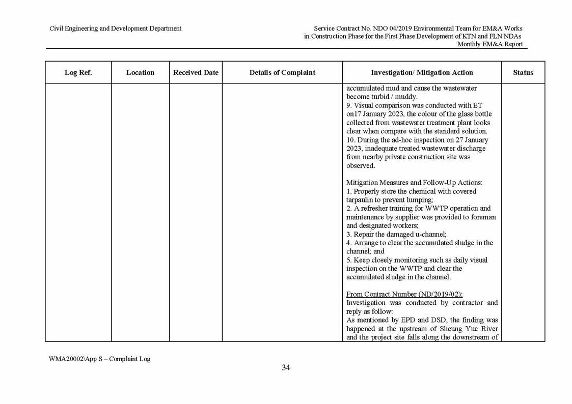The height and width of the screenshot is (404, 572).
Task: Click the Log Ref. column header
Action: (78, 72)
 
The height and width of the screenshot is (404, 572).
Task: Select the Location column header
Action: (140, 72)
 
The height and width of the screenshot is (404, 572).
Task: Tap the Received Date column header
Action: (196, 72)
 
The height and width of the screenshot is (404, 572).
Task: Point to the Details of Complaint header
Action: (282, 72)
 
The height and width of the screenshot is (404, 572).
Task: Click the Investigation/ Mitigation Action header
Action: (422, 72)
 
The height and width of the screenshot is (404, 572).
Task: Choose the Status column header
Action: (523, 72)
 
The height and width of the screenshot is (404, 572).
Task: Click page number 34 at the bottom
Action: (286, 368)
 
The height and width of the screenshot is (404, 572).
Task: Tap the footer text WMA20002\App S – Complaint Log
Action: (99, 359)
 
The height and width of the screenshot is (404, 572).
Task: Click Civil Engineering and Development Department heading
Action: (115, 28)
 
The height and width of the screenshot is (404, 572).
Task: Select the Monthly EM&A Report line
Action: (490, 44)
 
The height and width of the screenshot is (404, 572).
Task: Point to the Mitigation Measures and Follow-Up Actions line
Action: (414, 183)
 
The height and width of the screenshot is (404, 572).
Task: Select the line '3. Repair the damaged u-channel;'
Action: (396, 234)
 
